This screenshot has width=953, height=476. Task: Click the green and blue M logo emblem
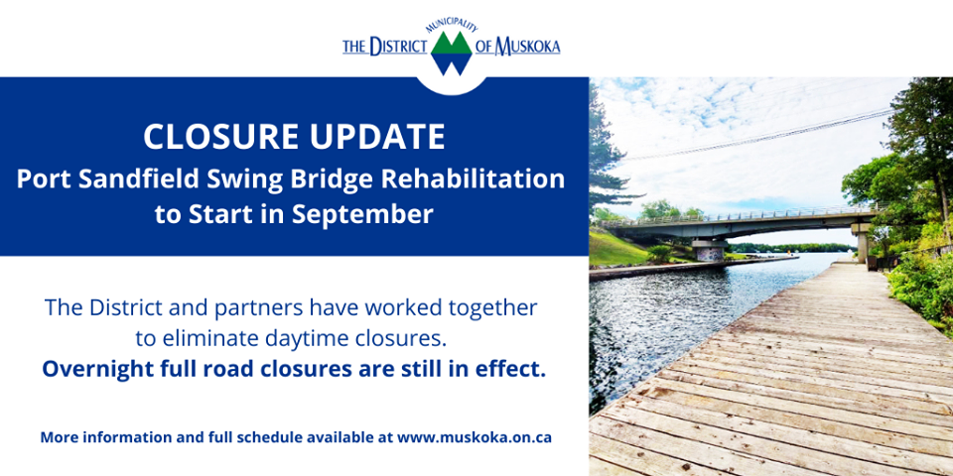tap(452, 54)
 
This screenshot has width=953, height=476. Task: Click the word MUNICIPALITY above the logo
tap(452, 25)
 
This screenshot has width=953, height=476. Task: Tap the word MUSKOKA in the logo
tap(527, 47)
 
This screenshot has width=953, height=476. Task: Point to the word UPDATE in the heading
tap(379, 137)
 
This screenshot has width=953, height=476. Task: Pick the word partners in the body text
tap(254, 308)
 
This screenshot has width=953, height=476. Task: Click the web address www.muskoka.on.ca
tap(475, 437)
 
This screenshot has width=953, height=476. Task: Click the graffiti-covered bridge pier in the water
tap(708, 251)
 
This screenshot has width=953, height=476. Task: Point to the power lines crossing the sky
tap(759, 135)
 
